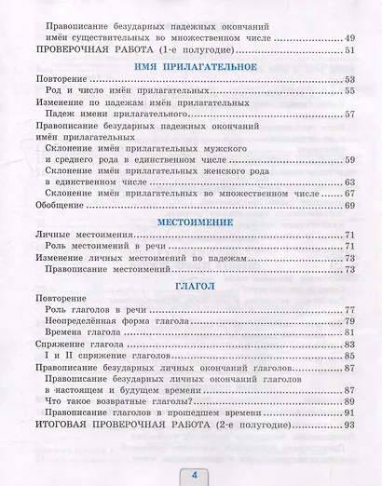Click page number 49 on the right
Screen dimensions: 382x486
[350, 37]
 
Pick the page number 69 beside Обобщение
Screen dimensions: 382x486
[350, 205]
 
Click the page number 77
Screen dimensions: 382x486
[350, 309]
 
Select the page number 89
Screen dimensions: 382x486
[350, 402]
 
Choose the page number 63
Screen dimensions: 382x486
[350, 182]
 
